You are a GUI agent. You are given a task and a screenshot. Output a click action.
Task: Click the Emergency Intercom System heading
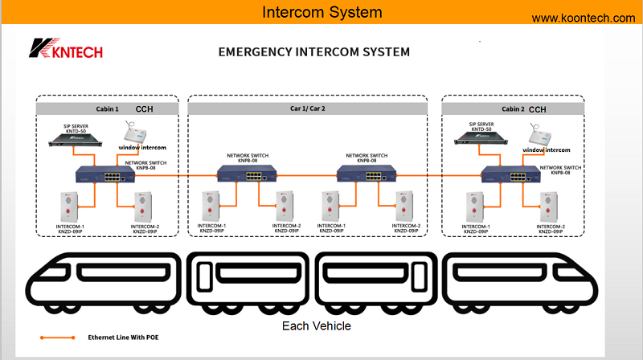[x=314, y=52]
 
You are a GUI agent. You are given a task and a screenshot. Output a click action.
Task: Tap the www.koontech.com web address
[x=584, y=18]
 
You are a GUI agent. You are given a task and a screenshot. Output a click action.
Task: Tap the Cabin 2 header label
[x=513, y=108]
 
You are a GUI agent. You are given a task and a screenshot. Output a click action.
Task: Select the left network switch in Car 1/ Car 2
[x=243, y=172]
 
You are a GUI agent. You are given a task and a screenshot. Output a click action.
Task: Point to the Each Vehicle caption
[x=317, y=326]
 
